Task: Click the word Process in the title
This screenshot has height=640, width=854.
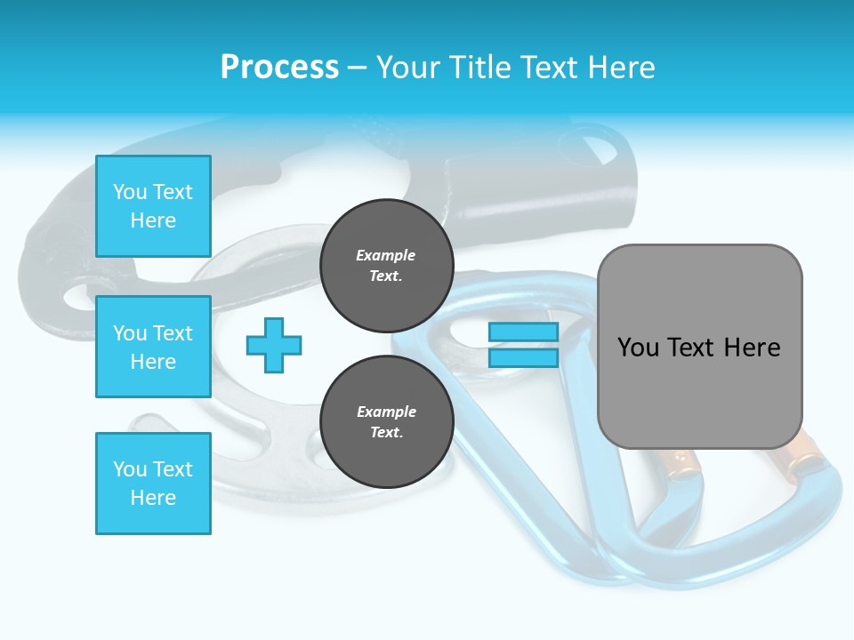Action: (x=279, y=68)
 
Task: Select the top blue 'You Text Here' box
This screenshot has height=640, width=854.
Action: (x=153, y=206)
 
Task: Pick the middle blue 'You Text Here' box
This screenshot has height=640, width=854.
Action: (x=153, y=347)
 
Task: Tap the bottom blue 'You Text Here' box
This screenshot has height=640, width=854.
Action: (x=153, y=483)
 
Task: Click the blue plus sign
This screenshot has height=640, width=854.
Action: (x=274, y=345)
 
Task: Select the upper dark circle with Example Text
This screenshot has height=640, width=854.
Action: (x=386, y=266)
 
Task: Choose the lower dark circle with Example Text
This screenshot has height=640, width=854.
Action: (x=386, y=422)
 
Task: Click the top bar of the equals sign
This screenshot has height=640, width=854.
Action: (x=523, y=332)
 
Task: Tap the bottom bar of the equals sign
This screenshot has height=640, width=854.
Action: (x=523, y=358)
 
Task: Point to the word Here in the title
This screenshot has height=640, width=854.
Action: (x=621, y=68)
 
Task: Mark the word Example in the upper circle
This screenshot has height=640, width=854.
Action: (x=386, y=256)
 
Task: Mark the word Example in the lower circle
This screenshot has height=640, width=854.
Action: (x=386, y=412)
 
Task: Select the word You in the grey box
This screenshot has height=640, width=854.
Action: (x=639, y=347)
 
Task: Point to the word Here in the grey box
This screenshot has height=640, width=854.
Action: (x=752, y=347)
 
